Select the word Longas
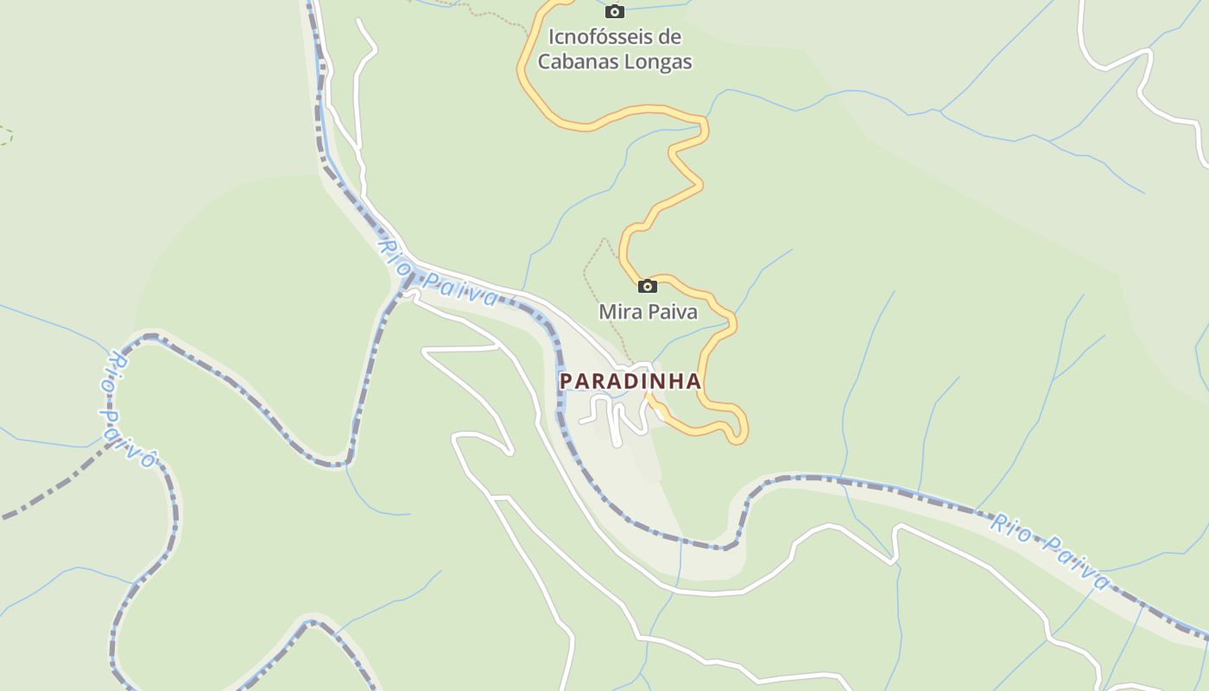click(x=663, y=62)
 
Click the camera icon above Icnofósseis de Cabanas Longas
click(x=615, y=11)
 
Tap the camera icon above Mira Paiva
click(x=647, y=286)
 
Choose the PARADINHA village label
click(x=630, y=381)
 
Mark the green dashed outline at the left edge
click(x=6, y=135)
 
